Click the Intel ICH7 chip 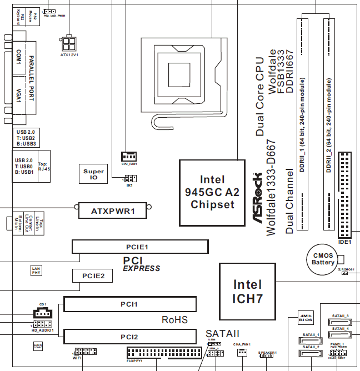(247, 292)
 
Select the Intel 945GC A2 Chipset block (213, 192)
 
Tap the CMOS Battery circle (323, 258)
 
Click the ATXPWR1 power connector (114, 210)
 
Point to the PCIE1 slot (139, 246)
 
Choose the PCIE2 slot (93, 275)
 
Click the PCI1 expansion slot (129, 304)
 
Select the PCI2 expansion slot (129, 337)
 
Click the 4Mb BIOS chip (307, 318)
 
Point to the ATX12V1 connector (69, 43)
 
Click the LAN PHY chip (36, 270)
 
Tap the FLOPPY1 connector (164, 353)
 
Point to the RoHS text (174, 320)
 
